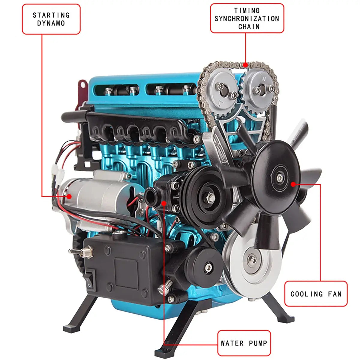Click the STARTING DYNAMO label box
pos(51,19)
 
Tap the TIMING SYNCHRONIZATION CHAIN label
pos(247,18)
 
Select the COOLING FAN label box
pos(316,294)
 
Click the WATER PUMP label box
pos(244,343)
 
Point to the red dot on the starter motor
pos(69,196)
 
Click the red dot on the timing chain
pos(245,64)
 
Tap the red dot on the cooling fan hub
pos(293,184)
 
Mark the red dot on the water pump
pos(164,203)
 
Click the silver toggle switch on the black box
pos(79,250)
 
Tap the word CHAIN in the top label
pos(249,26)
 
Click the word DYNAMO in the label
pos(51,23)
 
